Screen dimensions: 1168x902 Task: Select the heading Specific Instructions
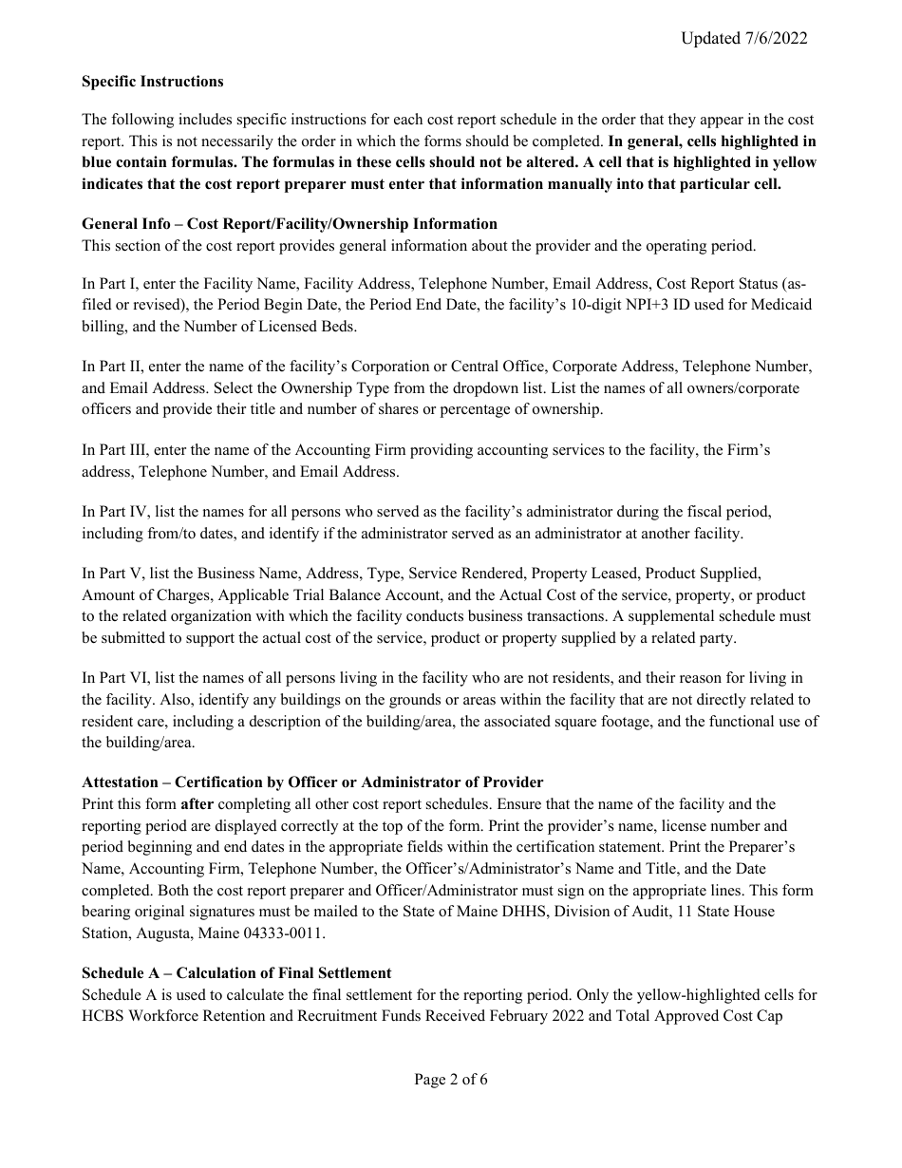click(153, 82)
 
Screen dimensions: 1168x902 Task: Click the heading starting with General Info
click(290, 224)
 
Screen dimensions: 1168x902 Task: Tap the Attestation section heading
click(312, 782)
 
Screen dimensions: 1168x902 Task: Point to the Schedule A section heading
click(236, 973)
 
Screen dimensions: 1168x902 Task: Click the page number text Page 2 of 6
click(451, 1080)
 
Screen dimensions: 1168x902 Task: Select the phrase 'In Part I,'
click(113, 283)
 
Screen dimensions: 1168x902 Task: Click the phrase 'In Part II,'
click(115, 367)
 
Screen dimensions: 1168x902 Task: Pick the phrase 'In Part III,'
click(118, 450)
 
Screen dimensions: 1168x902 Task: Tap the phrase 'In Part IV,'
click(118, 512)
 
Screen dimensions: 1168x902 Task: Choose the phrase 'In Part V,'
click(115, 575)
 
